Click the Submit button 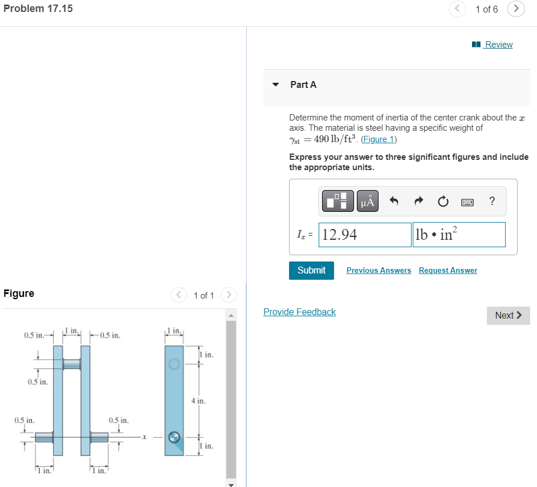click(311, 270)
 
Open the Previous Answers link click(379, 270)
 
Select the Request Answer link click(447, 270)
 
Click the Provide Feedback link click(299, 312)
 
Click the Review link click(498, 45)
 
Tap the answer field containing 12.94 click(365, 235)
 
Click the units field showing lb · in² click(459, 235)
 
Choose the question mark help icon click(492, 201)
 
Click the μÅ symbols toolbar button click(368, 201)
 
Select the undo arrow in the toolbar click(394, 201)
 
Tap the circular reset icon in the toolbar click(442, 201)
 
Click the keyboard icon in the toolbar click(467, 202)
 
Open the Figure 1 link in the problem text click(379, 139)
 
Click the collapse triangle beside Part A click(276, 85)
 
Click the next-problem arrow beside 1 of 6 click(516, 9)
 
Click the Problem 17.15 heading click(38, 9)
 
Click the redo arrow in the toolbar click(418, 201)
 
